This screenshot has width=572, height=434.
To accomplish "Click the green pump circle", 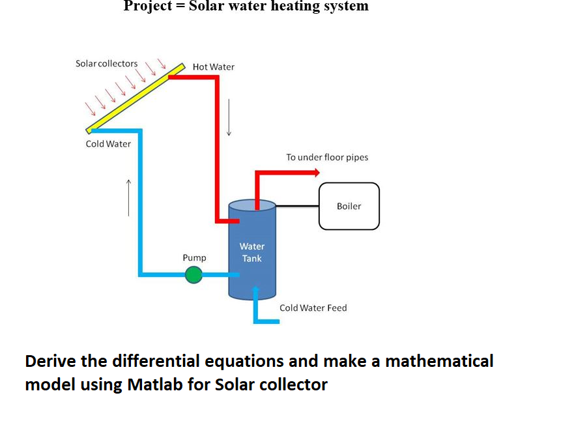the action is [193, 275].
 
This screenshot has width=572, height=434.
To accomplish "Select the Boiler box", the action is [349, 206].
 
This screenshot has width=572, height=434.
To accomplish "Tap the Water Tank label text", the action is [251, 252].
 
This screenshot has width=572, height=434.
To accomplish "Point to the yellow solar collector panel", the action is [136, 98].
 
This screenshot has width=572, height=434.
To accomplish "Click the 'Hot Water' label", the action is [214, 67].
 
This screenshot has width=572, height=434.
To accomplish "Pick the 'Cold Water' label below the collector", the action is [108, 144].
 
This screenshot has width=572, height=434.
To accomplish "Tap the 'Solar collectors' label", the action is [107, 63].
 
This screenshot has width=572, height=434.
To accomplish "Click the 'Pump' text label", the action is [194, 258].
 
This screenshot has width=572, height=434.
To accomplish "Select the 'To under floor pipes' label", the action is [327, 157].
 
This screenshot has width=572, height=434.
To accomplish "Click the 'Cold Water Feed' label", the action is [313, 308].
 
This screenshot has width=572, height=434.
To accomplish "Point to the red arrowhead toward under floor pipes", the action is [317, 173].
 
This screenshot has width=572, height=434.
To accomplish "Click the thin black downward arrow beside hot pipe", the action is [229, 117].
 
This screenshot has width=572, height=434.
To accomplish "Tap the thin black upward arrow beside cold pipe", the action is [128, 197].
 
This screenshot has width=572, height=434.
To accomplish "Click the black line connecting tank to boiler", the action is [297, 206].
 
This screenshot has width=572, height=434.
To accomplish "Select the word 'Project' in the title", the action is [148, 7].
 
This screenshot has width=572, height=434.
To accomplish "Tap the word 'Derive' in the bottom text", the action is [50, 361].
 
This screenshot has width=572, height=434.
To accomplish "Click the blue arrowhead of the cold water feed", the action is [256, 289].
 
